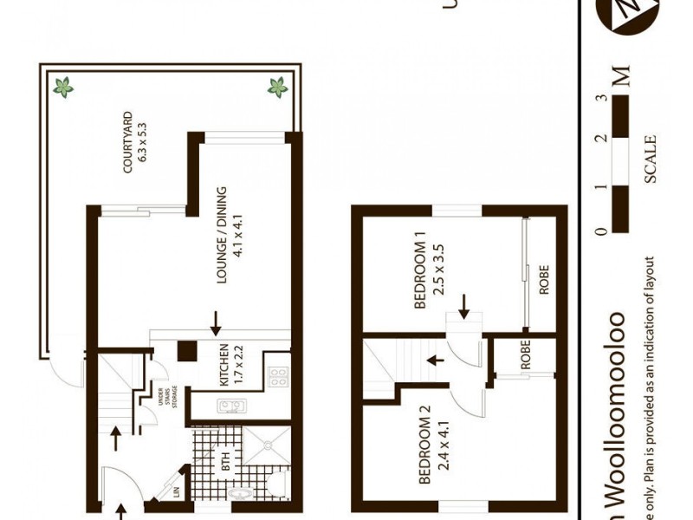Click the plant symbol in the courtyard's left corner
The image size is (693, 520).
point(63,86)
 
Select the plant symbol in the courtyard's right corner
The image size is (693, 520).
point(278,86)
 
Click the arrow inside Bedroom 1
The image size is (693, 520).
point(464,305)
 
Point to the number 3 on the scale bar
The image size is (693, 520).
point(599,98)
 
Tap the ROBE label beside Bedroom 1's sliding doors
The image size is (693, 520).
point(544,279)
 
